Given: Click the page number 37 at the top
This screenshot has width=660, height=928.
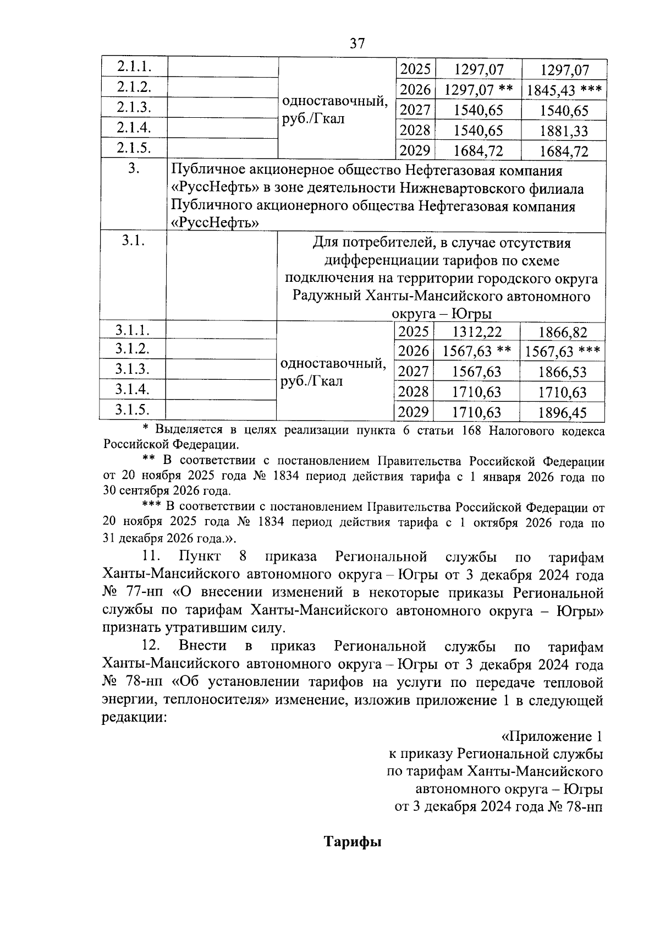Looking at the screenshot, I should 357,43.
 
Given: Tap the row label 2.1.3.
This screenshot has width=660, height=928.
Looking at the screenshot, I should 134,107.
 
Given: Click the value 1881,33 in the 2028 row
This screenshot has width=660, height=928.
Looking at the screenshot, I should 564,131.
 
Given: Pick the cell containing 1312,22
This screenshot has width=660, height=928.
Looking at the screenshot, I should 477,332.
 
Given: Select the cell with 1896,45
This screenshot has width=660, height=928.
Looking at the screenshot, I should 563,412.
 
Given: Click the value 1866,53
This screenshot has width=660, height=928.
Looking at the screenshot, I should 563,372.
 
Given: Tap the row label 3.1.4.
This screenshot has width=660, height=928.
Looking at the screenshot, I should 133,389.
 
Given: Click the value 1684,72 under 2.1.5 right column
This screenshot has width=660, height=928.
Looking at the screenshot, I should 564,151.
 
